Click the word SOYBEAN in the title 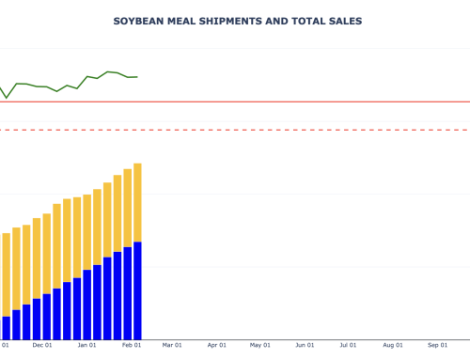click(x=138, y=21)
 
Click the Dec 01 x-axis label click(x=42, y=345)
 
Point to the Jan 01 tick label click(x=86, y=345)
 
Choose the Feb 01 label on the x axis click(x=131, y=345)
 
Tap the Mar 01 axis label click(x=172, y=345)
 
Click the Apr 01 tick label click(x=217, y=345)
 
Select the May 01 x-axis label click(x=260, y=345)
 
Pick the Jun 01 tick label click(x=305, y=345)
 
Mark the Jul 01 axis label click(x=348, y=345)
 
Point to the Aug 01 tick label click(x=393, y=345)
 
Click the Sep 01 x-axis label click(x=437, y=345)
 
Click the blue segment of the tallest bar click(x=137, y=291)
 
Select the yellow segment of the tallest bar click(x=137, y=202)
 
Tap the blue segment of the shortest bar click(x=7, y=328)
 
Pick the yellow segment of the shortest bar click(x=7, y=274)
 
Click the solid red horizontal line click(x=282, y=102)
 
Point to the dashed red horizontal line click(x=282, y=130)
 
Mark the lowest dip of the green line click(x=7, y=98)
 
